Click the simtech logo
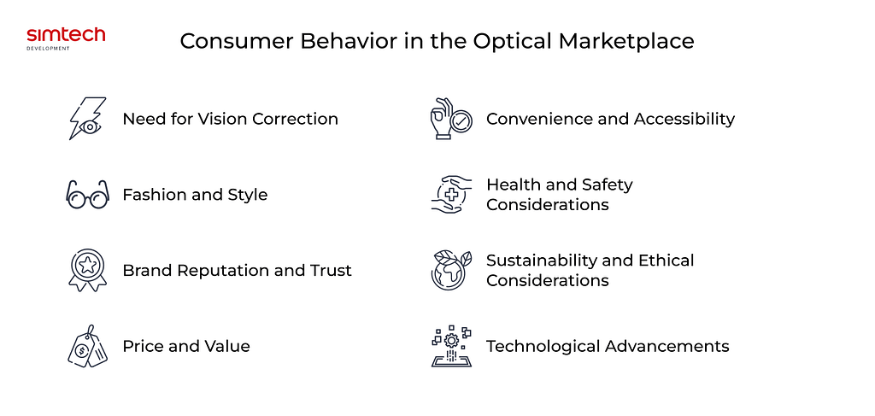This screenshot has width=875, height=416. point(66,38)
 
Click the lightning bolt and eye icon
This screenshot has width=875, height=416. point(87,119)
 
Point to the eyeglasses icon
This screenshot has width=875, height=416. point(87,194)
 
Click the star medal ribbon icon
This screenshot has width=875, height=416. point(88,270)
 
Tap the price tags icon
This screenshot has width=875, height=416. point(88,346)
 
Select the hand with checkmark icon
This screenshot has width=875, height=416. point(451,118)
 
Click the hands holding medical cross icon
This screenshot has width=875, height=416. point(451,194)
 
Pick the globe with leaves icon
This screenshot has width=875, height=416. point(451,270)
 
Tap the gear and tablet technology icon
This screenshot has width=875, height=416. point(451,346)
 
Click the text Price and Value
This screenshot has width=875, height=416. point(186,346)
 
